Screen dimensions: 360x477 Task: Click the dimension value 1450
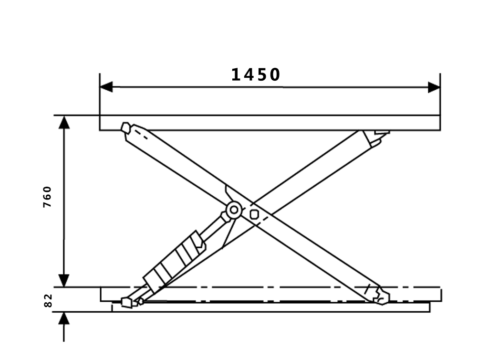[x=256, y=74]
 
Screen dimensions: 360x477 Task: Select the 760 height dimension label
[x=47, y=196]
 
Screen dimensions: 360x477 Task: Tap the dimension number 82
[x=47, y=300]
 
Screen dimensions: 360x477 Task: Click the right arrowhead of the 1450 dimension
[x=434, y=87]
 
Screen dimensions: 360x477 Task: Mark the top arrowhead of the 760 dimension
[x=64, y=122]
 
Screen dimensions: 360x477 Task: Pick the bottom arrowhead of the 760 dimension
[x=64, y=281]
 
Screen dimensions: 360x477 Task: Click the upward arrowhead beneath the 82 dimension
[x=64, y=318]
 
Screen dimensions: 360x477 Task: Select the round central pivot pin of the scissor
[x=234, y=210]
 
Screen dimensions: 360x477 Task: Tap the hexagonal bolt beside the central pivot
[x=254, y=214]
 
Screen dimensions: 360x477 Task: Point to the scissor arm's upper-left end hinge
[x=126, y=128]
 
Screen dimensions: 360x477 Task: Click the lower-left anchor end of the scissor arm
[x=127, y=302]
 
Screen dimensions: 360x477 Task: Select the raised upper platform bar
[x=270, y=123]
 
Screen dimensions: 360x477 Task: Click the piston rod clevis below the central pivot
[x=225, y=218]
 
